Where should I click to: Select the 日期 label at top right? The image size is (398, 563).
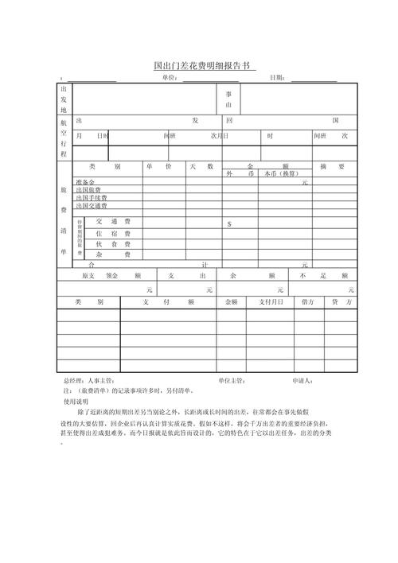click(278, 78)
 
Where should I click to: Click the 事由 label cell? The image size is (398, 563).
click(228, 99)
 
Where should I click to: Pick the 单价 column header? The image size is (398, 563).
click(164, 167)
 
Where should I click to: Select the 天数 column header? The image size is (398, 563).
click(204, 167)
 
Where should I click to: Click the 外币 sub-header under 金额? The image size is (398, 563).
click(240, 173)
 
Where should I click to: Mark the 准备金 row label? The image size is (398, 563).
click(85, 182)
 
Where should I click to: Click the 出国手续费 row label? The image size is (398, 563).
click(92, 197)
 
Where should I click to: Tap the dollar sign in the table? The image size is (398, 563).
click(229, 224)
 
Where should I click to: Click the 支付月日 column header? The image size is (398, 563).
click(270, 302)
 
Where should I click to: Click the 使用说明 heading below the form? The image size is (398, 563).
click(77, 401)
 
